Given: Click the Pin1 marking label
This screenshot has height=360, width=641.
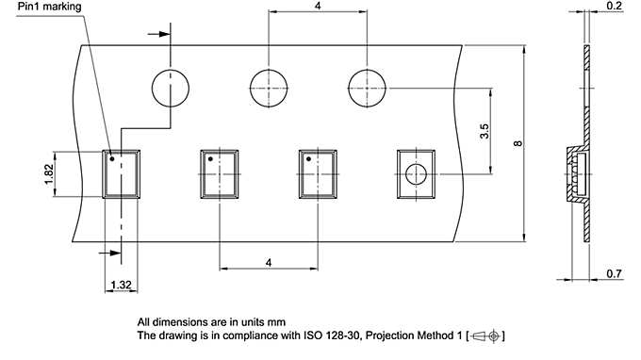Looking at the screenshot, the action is [x=49, y=7].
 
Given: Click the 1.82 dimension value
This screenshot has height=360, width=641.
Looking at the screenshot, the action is [x=49, y=174].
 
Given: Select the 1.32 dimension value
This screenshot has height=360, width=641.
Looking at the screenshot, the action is [x=121, y=285].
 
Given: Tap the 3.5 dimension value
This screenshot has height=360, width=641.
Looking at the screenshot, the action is [x=484, y=131].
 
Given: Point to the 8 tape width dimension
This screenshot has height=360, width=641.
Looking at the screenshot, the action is [x=518, y=143].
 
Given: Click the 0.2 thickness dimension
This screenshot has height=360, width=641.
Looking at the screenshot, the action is [x=614, y=6].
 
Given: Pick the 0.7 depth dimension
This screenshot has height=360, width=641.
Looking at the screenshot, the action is [x=614, y=273].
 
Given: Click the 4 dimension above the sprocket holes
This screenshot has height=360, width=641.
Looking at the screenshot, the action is [x=318, y=6].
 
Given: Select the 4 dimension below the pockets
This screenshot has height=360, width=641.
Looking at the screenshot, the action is [x=268, y=262].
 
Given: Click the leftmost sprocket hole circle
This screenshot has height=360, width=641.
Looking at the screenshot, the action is [x=152, y=89].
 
